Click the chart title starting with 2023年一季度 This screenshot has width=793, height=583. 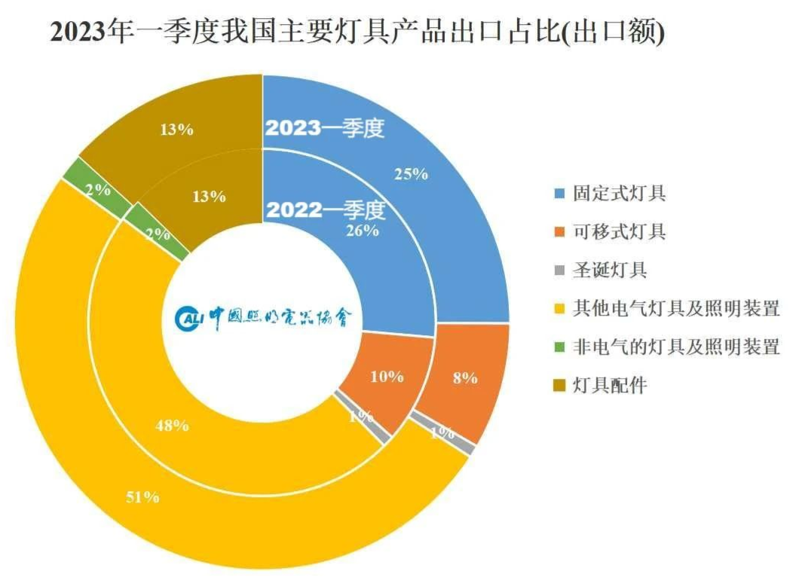coord(357,32)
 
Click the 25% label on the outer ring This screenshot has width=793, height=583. coord(411,174)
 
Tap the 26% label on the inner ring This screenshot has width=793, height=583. coord(362,230)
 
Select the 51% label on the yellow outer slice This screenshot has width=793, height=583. coord(142,497)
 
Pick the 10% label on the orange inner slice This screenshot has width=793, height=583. coord(387,377)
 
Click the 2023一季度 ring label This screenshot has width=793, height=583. coord(325,128)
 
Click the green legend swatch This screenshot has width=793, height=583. coord(559,347)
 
